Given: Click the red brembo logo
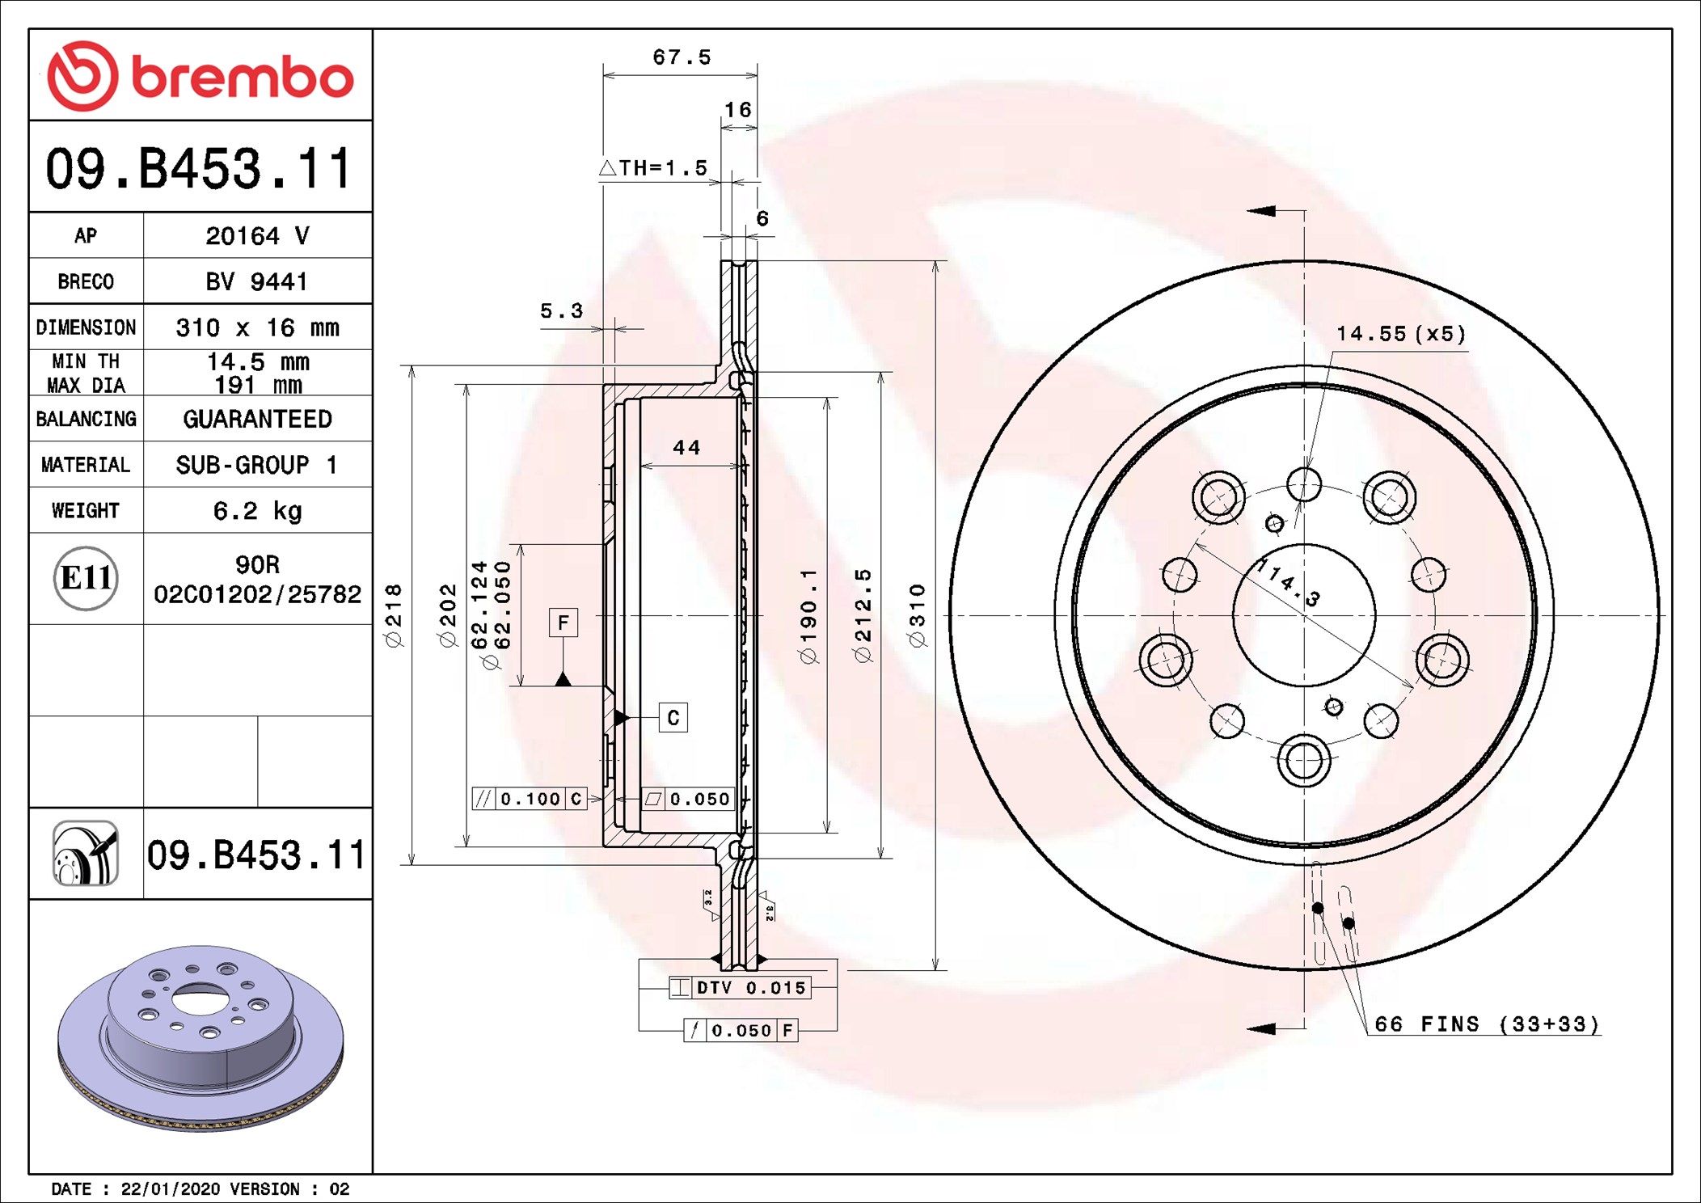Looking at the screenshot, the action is [200, 76].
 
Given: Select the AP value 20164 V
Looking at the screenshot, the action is [257, 236].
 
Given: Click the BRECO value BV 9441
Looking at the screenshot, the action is [256, 281].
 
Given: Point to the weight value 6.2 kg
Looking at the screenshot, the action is [257, 511].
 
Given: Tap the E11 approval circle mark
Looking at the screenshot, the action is [86, 578].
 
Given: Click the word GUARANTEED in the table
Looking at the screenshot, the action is [257, 419].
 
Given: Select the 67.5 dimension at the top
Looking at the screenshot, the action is [682, 57].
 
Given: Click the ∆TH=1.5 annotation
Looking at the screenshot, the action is [653, 168].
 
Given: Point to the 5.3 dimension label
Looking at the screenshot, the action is [561, 311].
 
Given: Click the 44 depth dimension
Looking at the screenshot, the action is [686, 448].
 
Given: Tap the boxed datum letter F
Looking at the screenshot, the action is [563, 623].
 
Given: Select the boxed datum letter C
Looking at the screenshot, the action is [673, 718].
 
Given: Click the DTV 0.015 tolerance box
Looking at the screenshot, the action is [740, 987].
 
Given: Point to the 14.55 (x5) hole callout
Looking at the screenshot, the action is [1400, 334].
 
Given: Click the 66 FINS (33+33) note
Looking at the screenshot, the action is [1486, 1024].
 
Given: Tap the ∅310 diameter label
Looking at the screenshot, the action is [917, 616].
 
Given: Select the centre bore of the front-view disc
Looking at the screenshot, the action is [1304, 615].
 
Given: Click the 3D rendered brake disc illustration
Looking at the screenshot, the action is [200, 1038].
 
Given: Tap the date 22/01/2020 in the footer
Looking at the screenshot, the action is [170, 1189].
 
